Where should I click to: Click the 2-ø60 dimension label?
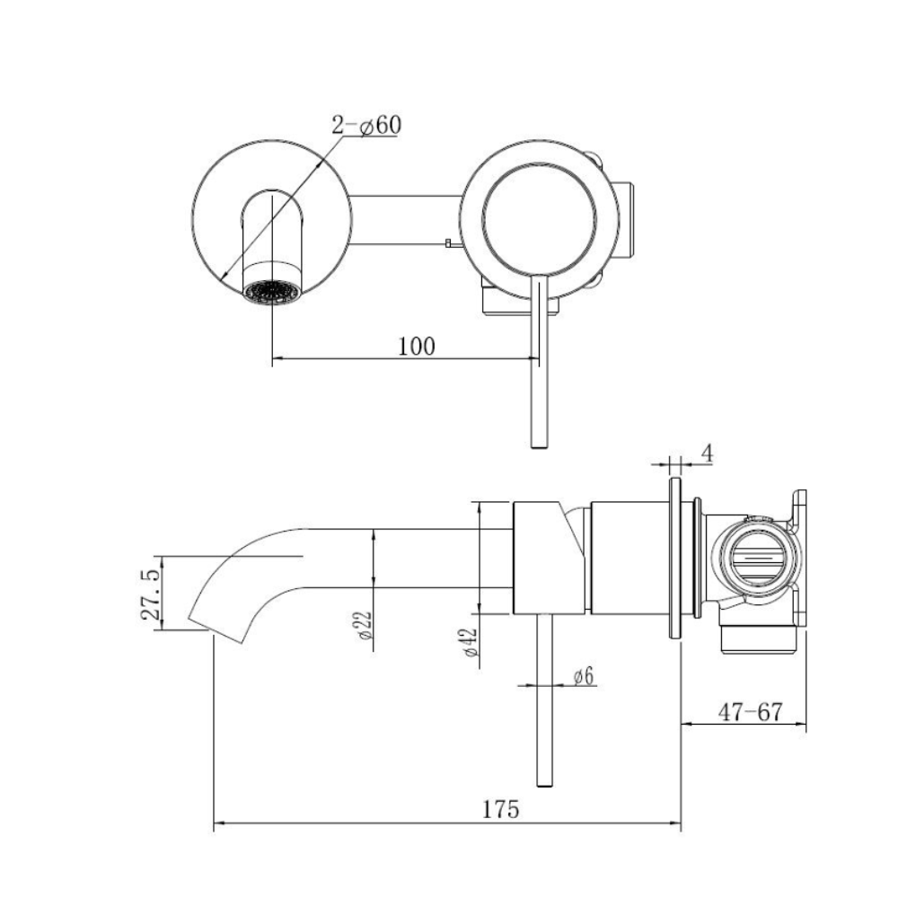tap(366, 126)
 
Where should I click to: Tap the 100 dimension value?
tap(417, 347)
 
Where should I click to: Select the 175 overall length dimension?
tap(500, 810)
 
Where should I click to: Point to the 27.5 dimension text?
tap(151, 595)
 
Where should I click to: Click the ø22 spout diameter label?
tap(365, 626)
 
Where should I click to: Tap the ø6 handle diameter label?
tap(584, 677)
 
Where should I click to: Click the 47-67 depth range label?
tap(750, 712)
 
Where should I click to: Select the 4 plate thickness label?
tap(708, 454)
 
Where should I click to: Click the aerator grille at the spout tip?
tap(271, 292)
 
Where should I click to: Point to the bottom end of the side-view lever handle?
tap(545, 786)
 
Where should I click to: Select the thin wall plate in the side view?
tap(675, 558)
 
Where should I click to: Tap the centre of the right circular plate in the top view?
tap(540, 219)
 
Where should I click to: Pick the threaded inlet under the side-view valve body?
tap(759, 639)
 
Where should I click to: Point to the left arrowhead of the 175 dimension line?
tap(217, 823)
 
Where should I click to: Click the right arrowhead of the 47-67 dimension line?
tap(802, 724)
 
